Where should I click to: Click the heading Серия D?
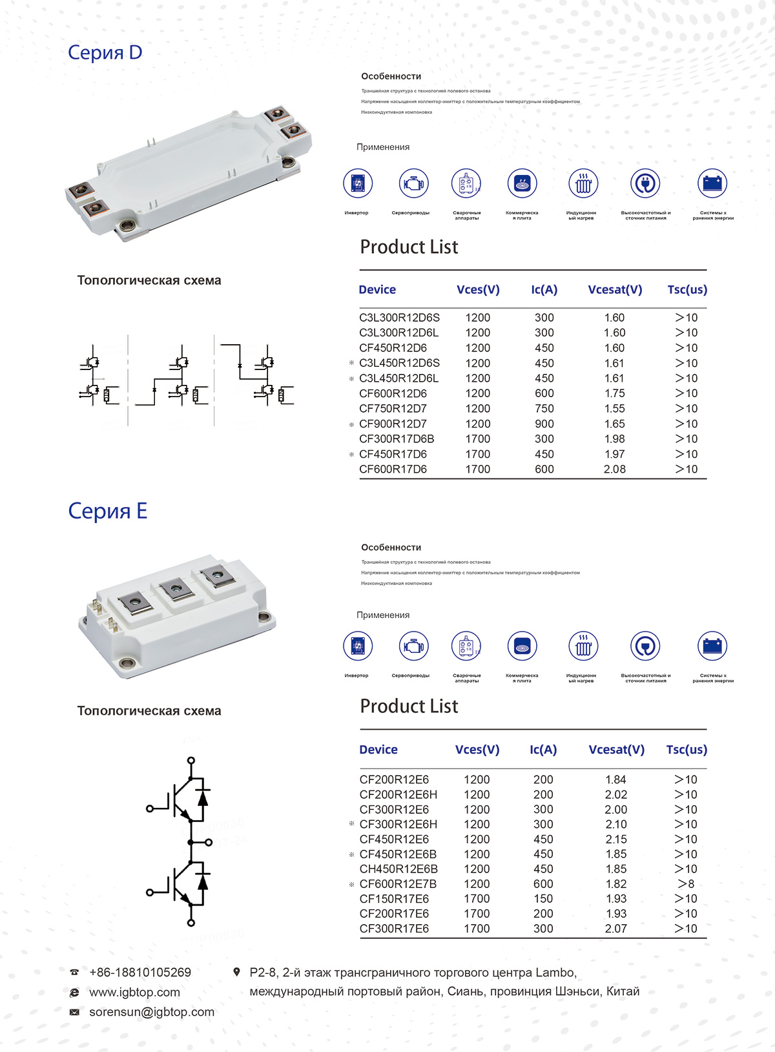105,52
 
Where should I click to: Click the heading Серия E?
107,511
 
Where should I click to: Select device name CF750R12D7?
393,408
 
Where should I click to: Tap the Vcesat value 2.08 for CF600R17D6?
614,469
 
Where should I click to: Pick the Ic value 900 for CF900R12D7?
544,424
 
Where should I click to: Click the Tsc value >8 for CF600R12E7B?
686,883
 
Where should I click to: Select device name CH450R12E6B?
398,869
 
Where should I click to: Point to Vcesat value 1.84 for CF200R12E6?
615,779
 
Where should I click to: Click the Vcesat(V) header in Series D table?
615,289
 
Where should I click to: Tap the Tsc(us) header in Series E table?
687,749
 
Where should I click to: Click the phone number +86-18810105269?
140,972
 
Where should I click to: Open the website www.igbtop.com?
134,992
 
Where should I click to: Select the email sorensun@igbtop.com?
152,1012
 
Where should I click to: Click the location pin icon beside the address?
237,972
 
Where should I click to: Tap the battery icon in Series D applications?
712,183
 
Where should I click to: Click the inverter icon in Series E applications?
358,646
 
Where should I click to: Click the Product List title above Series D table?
409,247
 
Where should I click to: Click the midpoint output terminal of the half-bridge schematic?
209,842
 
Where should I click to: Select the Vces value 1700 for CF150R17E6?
477,898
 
